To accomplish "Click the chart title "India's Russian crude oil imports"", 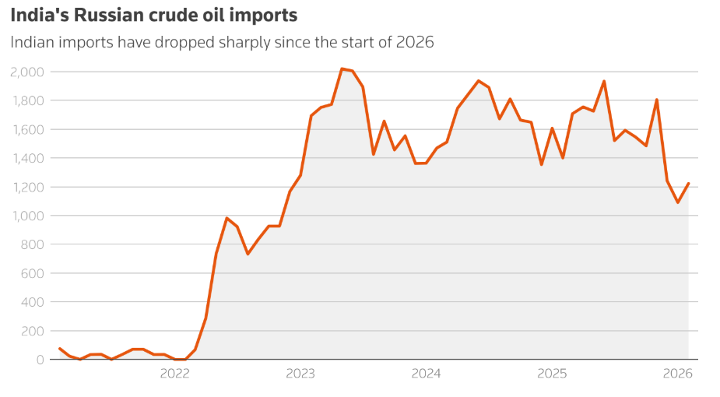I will (154, 15).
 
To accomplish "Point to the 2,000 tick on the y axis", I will (27, 72).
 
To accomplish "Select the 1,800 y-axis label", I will (27, 101).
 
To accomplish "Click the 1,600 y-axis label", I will (27, 130).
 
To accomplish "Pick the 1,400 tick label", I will (27, 159).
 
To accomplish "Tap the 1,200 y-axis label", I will (27, 188).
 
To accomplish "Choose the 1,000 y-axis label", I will (27, 216).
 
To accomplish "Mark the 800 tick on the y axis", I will (33, 245).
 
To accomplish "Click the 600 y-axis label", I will (33, 274).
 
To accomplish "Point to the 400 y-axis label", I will (33, 303).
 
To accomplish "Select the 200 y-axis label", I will (33, 332).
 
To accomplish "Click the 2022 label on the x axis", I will (175, 374).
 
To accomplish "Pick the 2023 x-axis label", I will (300, 374).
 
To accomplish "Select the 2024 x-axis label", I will (427, 374).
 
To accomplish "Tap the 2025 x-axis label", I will (552, 374).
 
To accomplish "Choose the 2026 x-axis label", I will (677, 374).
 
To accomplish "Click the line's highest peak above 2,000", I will (342, 69).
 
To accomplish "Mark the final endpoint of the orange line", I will (688, 184).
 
